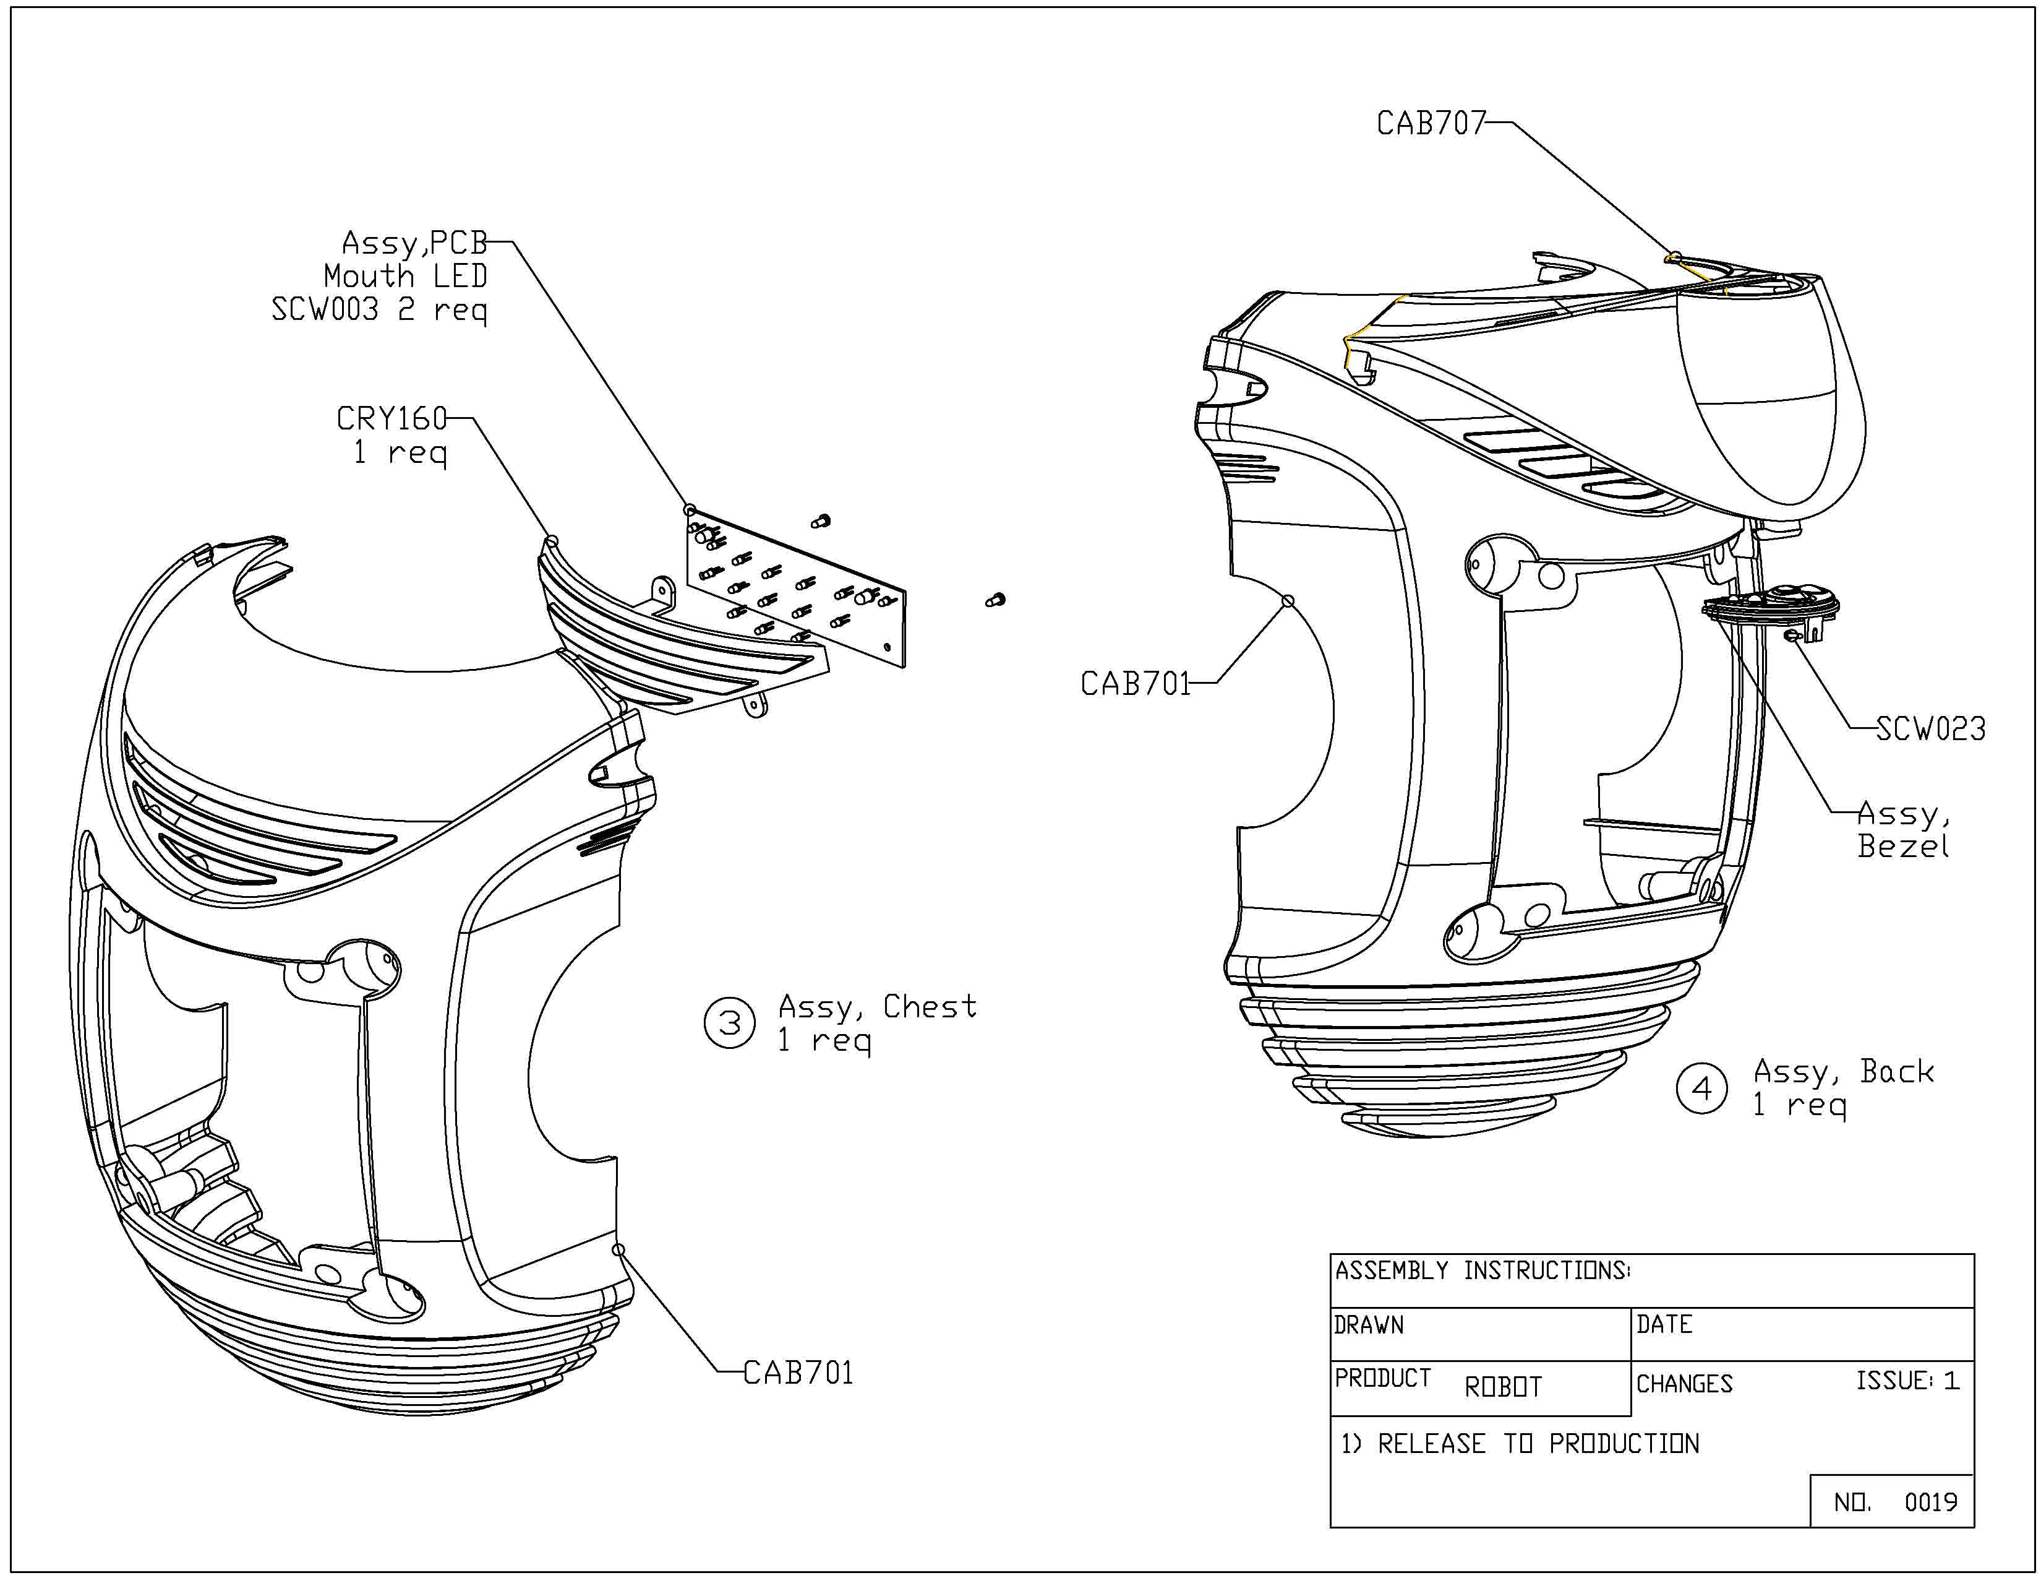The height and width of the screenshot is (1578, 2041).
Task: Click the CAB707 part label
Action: (x=1430, y=123)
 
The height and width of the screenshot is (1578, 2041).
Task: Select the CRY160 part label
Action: (x=392, y=418)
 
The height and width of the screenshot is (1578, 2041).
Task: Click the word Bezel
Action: (x=1902, y=846)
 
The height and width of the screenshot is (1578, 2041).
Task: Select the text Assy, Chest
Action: (x=876, y=1007)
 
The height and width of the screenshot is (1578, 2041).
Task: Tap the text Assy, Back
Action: (x=1843, y=1071)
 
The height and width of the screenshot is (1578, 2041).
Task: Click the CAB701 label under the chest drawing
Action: (x=798, y=1373)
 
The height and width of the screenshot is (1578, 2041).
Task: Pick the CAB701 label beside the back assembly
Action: (x=1136, y=683)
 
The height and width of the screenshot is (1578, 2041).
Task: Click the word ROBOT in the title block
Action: (x=1503, y=1386)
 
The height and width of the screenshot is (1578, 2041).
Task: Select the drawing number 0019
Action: (x=1931, y=1503)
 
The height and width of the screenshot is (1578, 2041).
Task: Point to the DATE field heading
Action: (x=1664, y=1325)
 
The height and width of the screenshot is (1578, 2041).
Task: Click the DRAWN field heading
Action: (x=1369, y=1326)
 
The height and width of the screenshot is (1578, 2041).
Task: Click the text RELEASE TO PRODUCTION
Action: (x=1538, y=1443)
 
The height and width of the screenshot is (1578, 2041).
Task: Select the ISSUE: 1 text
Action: (x=1906, y=1381)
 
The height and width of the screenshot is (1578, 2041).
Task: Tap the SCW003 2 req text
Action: (x=379, y=309)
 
